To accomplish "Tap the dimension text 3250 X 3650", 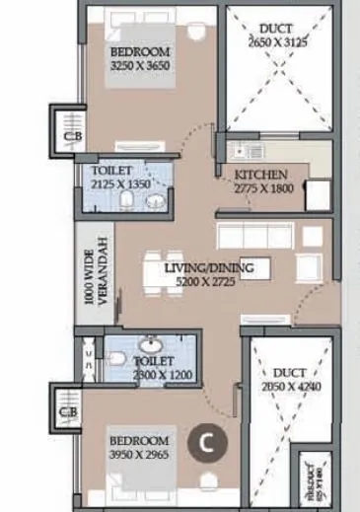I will (140, 66).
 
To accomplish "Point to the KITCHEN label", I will (260, 176).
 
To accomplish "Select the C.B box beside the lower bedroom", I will (68, 411).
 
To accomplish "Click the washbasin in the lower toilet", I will (150, 346).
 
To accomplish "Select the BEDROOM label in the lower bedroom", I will (140, 441).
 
